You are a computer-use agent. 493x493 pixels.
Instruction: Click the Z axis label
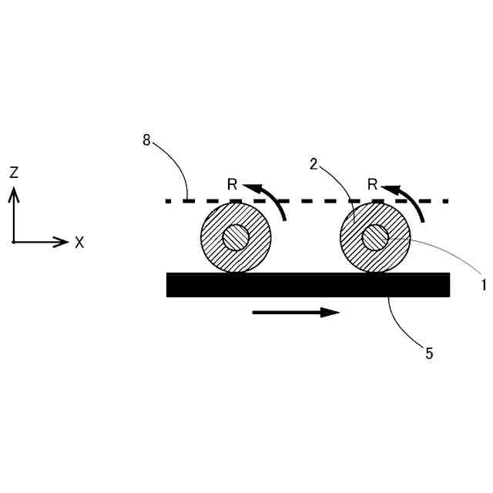coord(14,173)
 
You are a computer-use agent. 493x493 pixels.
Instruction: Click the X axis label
coord(79,243)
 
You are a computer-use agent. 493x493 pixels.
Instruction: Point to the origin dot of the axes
coord(14,242)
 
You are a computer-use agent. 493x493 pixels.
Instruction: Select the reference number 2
coord(314,164)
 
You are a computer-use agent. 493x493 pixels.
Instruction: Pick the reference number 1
coord(484,284)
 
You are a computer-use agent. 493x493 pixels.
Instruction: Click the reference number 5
coord(429,354)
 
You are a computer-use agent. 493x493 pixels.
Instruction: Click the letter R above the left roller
coord(232,185)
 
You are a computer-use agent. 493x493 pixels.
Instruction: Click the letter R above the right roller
coord(372,185)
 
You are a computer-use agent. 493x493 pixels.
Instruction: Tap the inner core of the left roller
coord(236,238)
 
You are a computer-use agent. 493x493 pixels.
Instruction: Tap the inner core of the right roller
coord(375,238)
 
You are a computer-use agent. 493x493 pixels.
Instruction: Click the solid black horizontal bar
coord(308,284)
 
